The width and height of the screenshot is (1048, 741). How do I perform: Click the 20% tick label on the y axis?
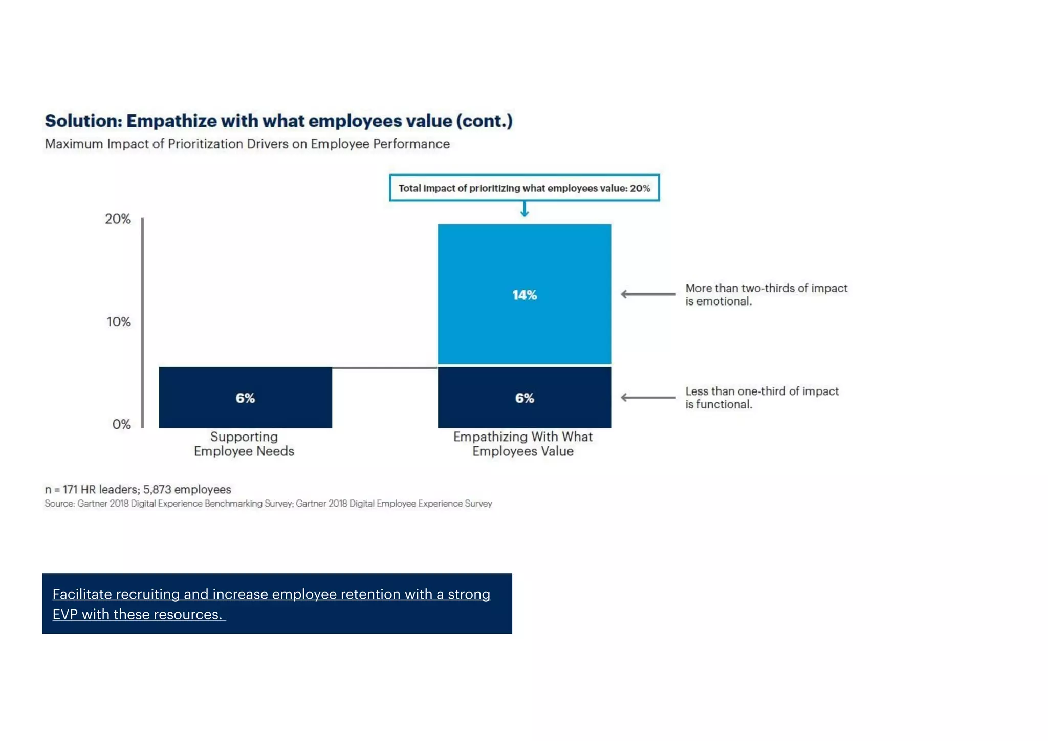pos(118,219)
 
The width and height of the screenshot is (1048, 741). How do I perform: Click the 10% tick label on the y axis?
pos(118,322)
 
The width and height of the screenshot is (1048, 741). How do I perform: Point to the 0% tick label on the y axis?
pos(121,424)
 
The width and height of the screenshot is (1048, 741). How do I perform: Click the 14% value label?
pos(525,295)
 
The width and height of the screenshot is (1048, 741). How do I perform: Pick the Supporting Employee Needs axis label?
pos(244,444)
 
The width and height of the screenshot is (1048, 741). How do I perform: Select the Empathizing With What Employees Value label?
pos(523,444)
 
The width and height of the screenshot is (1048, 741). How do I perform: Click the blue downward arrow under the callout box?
pos(525,209)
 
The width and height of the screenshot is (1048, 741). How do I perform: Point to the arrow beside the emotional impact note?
pos(648,294)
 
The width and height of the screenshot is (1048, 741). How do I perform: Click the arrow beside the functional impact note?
pos(648,398)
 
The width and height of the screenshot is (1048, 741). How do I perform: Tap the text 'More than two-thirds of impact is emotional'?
pos(766,295)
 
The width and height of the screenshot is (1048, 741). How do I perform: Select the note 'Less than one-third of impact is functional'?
pos(761,398)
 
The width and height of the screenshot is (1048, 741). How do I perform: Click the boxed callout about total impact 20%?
pos(524,188)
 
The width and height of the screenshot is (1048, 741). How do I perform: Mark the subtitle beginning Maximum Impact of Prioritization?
pos(247,144)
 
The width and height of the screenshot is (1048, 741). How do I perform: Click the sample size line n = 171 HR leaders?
pos(138,490)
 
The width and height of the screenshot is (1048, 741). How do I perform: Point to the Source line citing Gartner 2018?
pos(268,504)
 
